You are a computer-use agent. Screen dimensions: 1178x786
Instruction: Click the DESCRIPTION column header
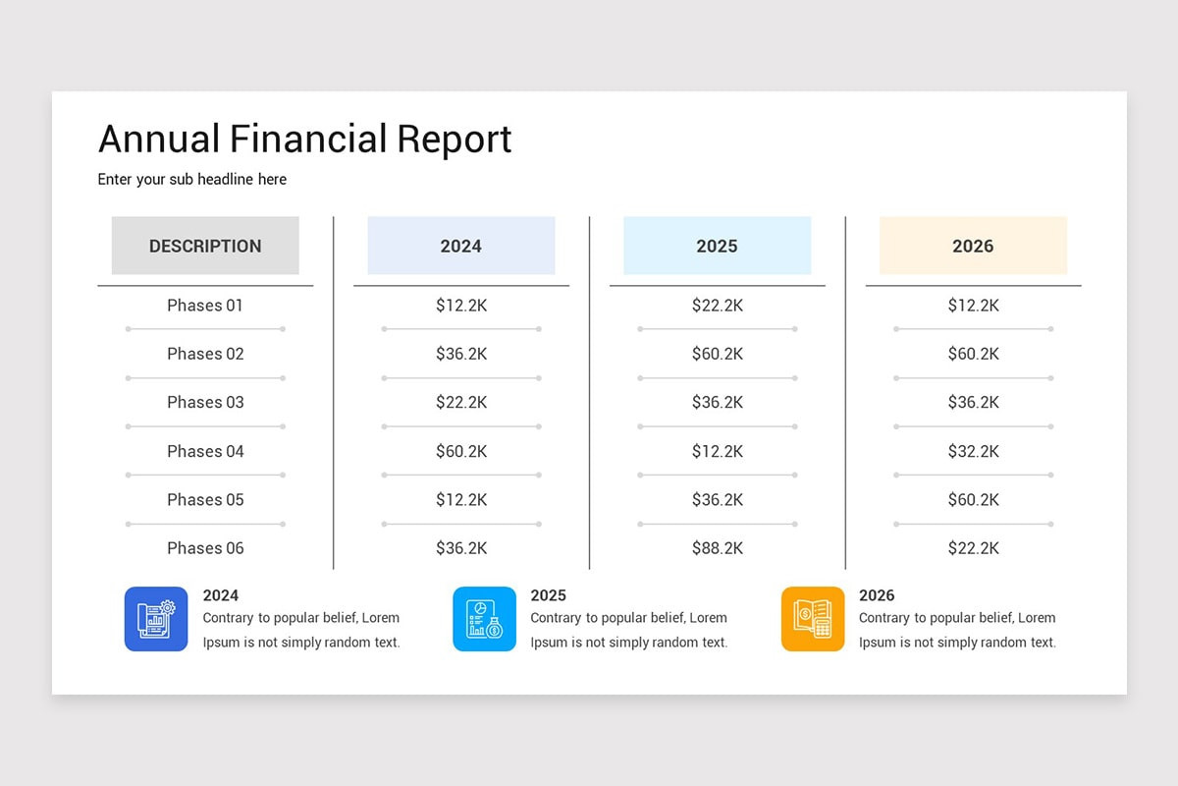pos(205,246)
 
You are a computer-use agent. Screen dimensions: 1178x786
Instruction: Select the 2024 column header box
pos(461,246)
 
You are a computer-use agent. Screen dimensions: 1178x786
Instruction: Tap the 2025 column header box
pos(718,246)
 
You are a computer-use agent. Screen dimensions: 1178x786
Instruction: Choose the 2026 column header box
pos(974,246)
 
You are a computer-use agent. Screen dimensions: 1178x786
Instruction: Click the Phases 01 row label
pos(205,306)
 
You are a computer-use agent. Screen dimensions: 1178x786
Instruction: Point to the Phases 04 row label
pos(205,451)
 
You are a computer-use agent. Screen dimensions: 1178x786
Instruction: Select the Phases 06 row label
pos(205,548)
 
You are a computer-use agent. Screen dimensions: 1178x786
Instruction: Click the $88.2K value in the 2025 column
pos(718,548)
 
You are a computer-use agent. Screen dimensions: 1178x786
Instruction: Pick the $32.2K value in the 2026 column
pos(974,451)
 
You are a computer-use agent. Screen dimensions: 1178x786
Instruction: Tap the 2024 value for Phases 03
pos(461,402)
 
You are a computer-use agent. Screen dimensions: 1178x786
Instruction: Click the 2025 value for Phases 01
pos(718,306)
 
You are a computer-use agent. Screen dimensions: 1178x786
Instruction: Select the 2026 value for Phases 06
pos(974,548)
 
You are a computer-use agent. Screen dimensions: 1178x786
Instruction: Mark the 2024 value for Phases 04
pos(461,451)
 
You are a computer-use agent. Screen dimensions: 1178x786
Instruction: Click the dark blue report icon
pos(156,619)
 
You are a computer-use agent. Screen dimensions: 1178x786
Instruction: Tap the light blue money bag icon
pos(484,619)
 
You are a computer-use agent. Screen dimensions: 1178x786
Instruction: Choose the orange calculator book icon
pos(813,619)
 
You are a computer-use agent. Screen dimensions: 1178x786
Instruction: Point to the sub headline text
pos(192,180)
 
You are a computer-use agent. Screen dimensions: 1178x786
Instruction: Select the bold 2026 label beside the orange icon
pos(877,595)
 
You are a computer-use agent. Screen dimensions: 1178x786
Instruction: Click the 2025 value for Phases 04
pos(718,451)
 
